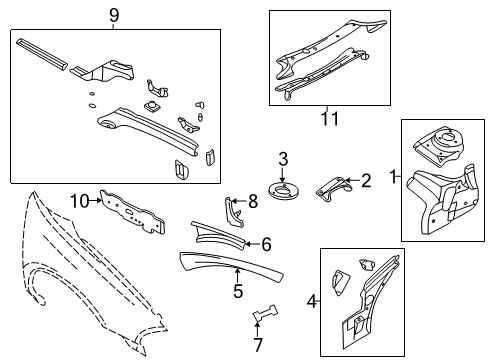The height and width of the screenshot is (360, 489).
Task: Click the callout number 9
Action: [113, 14]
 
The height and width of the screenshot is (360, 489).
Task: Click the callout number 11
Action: [328, 119]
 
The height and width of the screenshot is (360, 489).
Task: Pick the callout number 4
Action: [266, 243]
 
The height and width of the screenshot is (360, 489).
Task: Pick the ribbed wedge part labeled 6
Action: [225, 237]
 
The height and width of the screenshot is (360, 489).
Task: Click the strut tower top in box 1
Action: [438, 144]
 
